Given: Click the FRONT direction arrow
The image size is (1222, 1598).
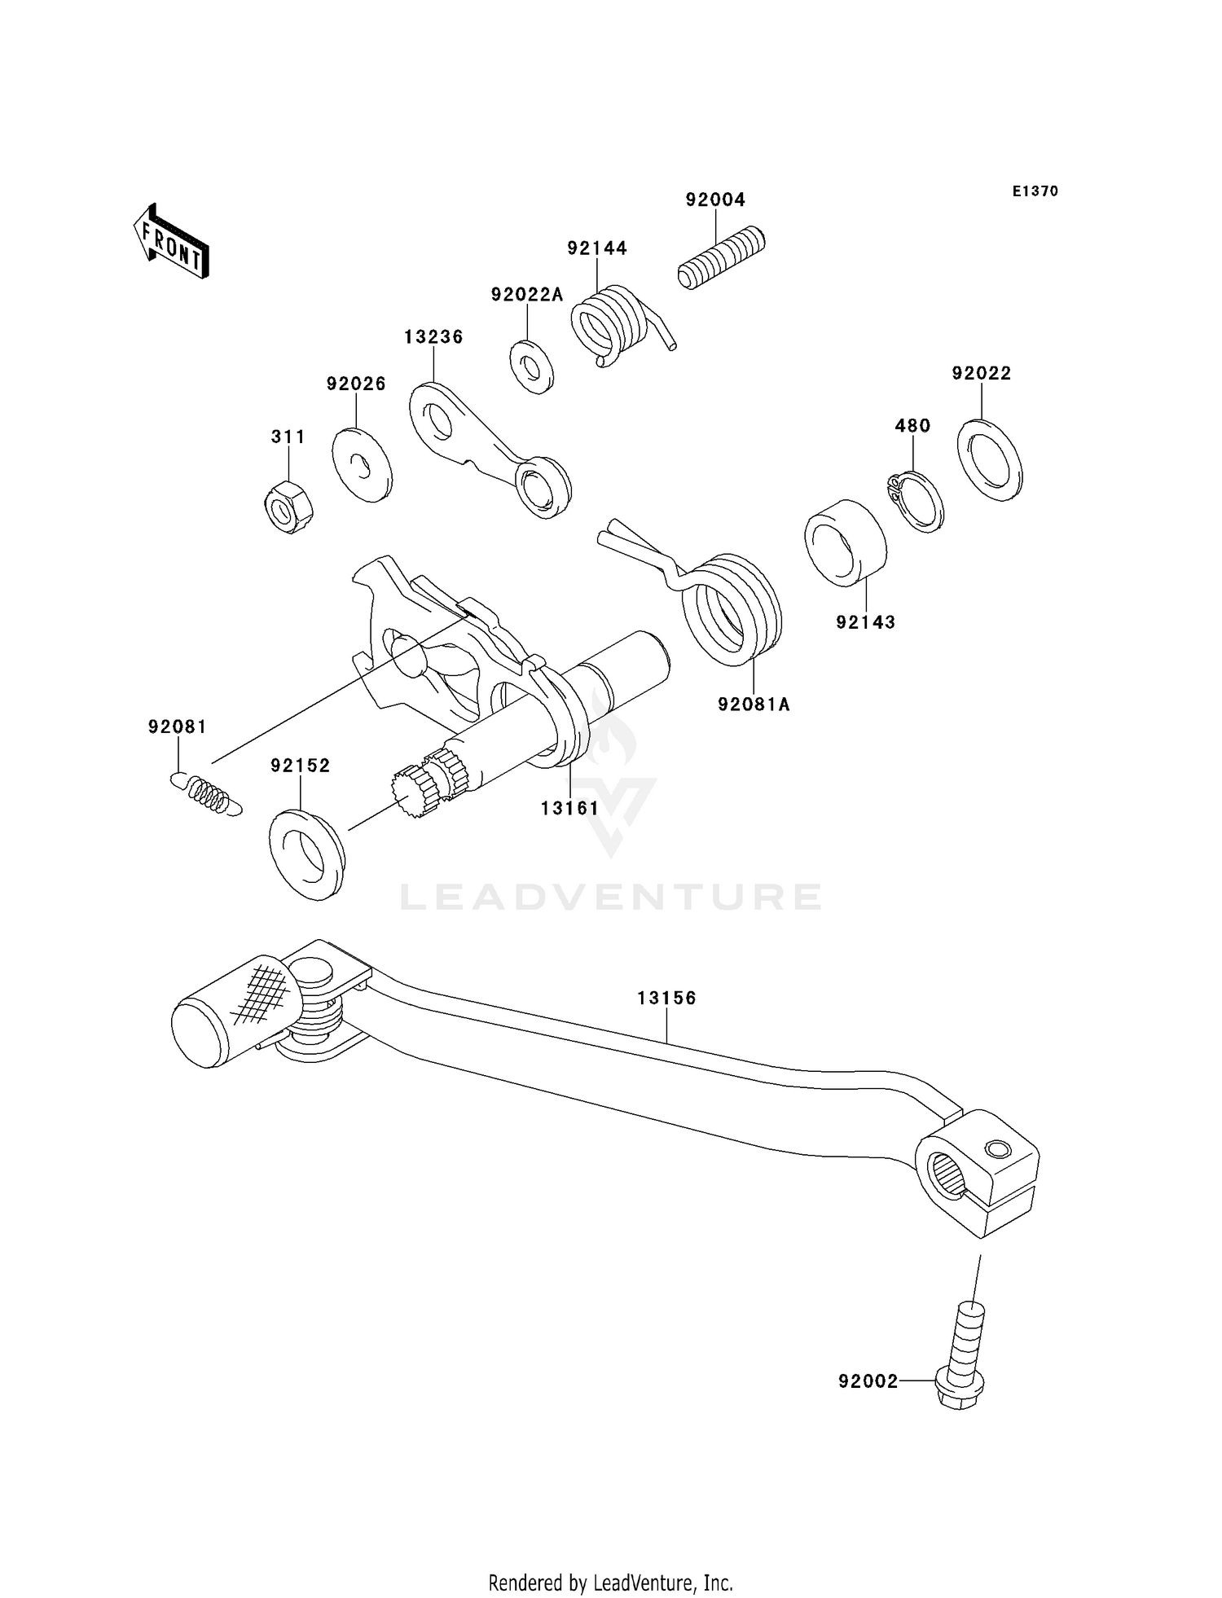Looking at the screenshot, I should tap(171, 242).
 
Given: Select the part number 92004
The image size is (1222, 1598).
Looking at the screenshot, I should tap(715, 200).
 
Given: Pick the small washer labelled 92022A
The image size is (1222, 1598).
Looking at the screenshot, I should tap(532, 368).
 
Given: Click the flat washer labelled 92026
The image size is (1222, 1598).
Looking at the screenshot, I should tap(363, 464).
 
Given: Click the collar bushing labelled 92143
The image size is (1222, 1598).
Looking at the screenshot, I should tap(845, 542).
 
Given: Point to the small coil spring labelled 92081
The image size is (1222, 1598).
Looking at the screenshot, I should tap(209, 793).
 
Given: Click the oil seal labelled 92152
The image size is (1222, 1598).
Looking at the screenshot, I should tap(306, 854).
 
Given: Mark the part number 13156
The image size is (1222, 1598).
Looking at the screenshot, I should tap(666, 998).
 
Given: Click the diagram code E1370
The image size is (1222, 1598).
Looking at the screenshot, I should tap(1035, 191).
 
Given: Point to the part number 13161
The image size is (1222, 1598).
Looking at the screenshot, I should tap(569, 808).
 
